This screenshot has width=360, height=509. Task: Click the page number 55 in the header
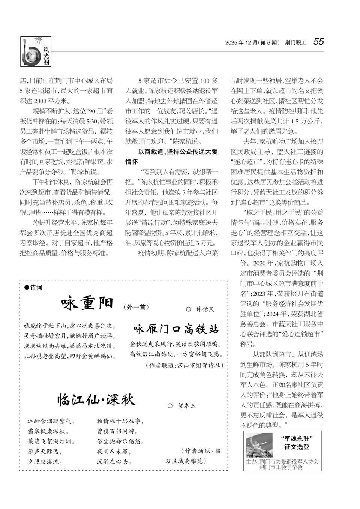tap(318, 42)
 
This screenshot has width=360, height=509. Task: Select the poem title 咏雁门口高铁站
tap(176, 330)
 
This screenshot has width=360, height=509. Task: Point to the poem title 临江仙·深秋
tap(96, 400)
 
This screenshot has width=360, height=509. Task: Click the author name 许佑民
tap(205, 309)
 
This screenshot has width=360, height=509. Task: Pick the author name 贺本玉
tap(186, 405)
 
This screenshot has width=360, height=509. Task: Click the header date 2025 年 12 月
tap(241, 43)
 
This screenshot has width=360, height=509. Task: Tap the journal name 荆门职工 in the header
tap(295, 43)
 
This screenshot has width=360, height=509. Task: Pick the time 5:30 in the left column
tap(91, 121)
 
